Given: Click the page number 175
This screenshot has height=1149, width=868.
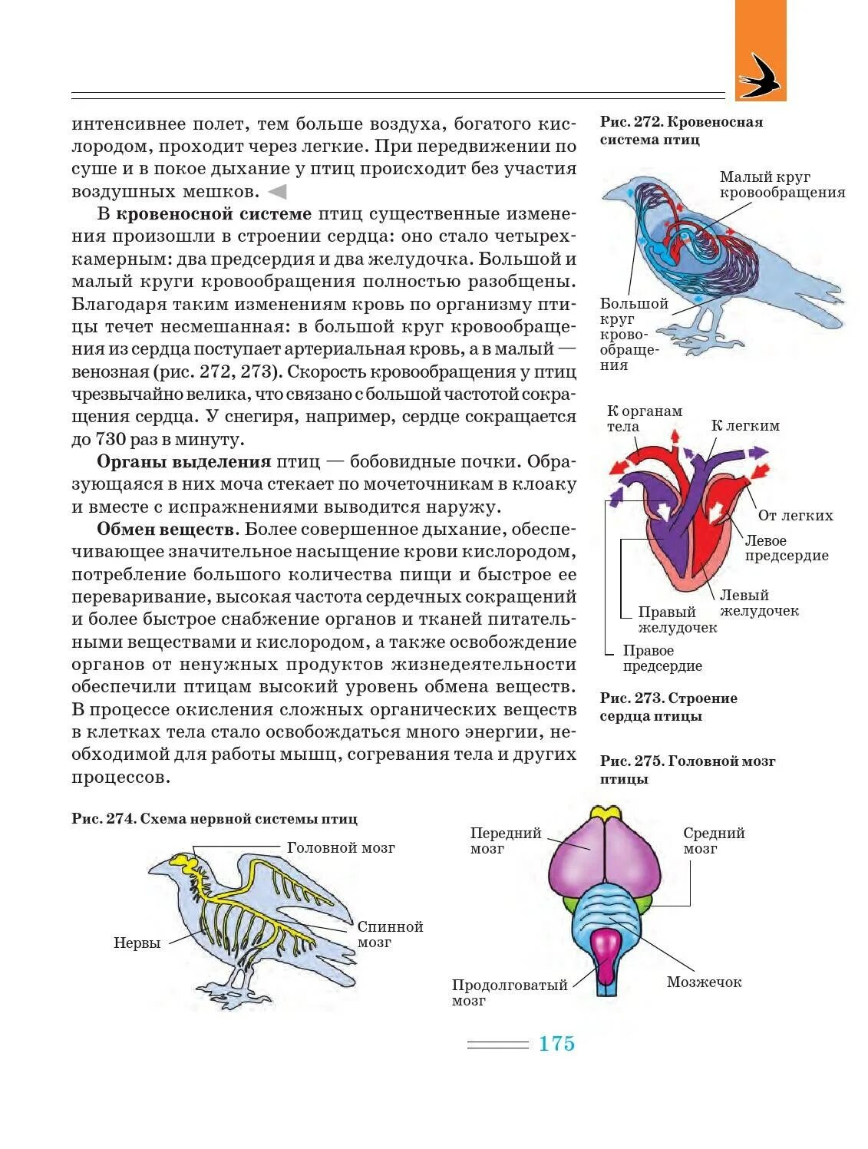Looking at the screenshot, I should click(556, 1044).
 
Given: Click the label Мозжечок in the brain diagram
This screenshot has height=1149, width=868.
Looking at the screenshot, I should click(704, 982).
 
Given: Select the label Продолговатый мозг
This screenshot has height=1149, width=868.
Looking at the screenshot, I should click(509, 992).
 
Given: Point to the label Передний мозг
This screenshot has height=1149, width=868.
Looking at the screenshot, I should click(505, 840).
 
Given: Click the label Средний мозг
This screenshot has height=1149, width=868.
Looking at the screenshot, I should click(714, 840).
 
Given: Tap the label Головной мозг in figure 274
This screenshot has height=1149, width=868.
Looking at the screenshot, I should click(341, 848).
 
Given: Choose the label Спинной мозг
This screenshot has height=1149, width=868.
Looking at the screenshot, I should click(390, 934).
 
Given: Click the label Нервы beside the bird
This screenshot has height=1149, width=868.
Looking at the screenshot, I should click(137, 943).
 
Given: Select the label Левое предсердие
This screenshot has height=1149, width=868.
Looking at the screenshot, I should click(786, 548).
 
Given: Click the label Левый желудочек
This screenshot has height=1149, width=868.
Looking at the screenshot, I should click(758, 603).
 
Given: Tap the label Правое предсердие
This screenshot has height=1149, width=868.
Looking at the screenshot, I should click(662, 659).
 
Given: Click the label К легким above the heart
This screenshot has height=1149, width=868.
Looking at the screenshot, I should click(744, 425).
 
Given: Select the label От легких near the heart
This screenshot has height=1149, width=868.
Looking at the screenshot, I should click(795, 516).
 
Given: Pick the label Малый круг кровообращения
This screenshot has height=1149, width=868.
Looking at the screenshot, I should click(781, 185).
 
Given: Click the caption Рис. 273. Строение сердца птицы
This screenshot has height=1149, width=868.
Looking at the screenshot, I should click(668, 707).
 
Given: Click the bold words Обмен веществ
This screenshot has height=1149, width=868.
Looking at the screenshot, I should click(166, 530).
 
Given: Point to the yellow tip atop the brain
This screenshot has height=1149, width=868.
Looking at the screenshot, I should click(605, 813).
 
